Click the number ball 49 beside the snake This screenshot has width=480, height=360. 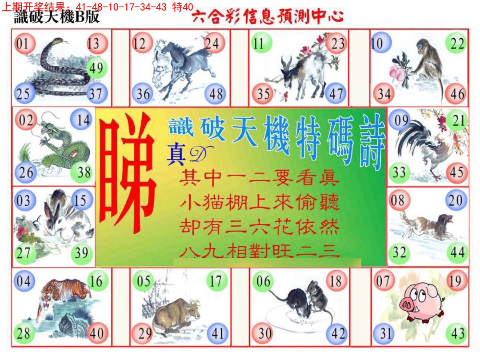click(96, 68)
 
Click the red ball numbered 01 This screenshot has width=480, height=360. click(24, 44)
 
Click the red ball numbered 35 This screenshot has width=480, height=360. click(263, 94)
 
